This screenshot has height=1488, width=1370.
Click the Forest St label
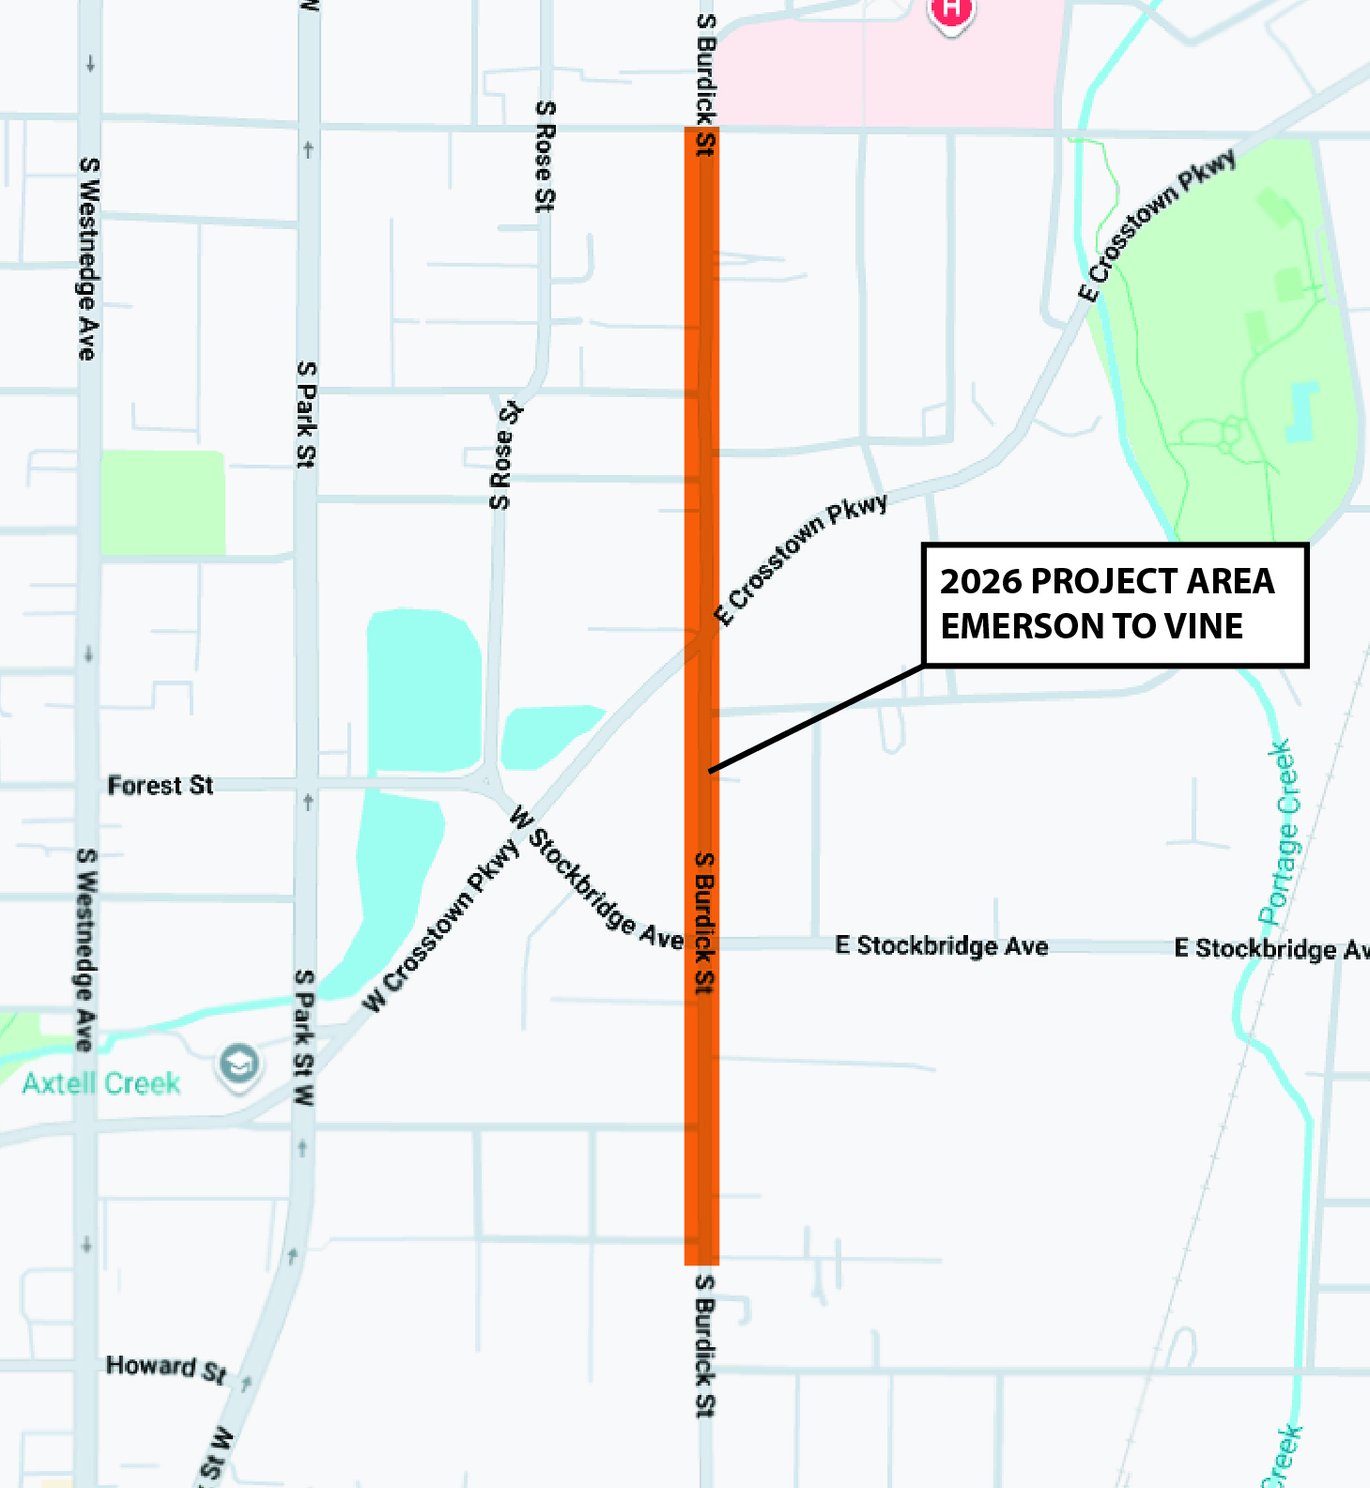click(x=160, y=785)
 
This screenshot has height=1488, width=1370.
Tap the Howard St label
click(x=165, y=1368)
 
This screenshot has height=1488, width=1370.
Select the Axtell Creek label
click(x=101, y=1083)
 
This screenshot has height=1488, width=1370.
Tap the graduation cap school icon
click(x=239, y=1065)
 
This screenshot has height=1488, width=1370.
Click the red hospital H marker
click(x=951, y=10)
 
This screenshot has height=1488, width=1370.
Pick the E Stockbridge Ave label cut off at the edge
click(x=1271, y=949)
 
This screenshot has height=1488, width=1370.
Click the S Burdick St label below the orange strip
click(x=705, y=1344)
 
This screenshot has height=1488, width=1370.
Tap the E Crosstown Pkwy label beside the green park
click(x=1161, y=224)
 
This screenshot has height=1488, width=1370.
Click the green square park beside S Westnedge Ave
click(x=162, y=502)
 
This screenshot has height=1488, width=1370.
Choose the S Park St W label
click(x=304, y=1036)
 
